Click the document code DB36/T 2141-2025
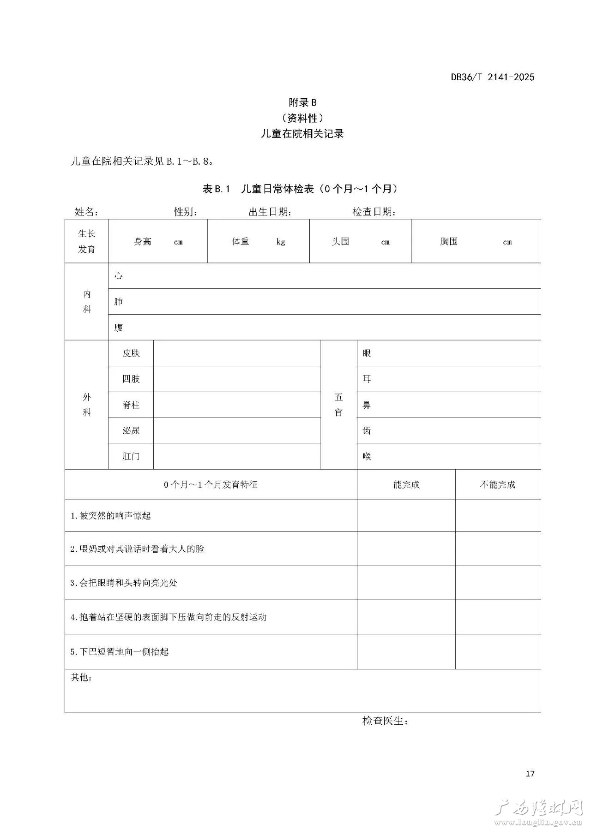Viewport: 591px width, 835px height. (492, 77)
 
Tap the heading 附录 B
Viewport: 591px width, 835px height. (302, 102)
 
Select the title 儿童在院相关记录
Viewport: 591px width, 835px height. (302, 134)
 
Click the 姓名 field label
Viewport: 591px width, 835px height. (86, 212)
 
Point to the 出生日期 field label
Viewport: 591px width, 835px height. (270, 212)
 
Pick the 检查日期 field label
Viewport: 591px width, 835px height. (374, 212)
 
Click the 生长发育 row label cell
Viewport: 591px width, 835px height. (87, 241)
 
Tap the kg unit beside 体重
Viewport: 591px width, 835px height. (281, 242)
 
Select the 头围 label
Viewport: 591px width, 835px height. (340, 242)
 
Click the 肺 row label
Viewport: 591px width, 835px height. (119, 302)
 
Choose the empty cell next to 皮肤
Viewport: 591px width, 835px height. (236, 353)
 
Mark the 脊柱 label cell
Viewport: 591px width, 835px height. (131, 405)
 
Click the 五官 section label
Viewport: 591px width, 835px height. (338, 405)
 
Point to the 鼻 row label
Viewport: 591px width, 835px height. (367, 405)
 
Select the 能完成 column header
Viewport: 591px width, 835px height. (406, 484)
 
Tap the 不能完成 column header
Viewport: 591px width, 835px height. (497, 484)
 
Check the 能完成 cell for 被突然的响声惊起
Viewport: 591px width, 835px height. (406, 515)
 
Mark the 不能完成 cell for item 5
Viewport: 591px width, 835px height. (497, 651)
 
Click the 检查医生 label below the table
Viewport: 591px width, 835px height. (385, 721)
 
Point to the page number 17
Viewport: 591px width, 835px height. (530, 773)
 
